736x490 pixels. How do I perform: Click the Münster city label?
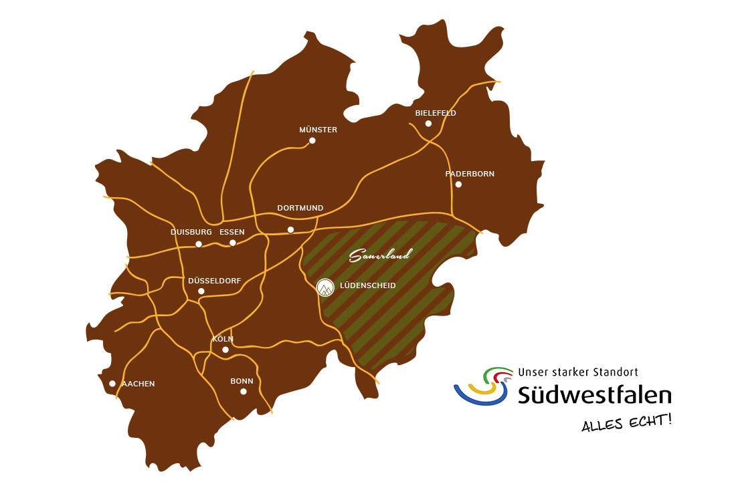318,130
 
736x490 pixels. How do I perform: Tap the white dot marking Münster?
312,140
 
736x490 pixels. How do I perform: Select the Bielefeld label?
435,113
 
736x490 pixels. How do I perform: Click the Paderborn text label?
470,174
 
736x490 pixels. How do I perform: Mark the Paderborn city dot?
458,184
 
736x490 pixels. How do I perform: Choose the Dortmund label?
300,208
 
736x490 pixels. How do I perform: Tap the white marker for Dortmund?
290,230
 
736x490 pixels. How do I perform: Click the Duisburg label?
191,232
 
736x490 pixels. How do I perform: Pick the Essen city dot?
233,243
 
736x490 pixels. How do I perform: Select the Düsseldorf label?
214,281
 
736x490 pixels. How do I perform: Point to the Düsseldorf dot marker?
201,291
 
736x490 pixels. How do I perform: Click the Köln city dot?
225,350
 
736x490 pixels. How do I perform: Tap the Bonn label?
242,381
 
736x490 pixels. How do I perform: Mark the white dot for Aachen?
112,383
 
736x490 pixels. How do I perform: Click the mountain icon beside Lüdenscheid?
325,287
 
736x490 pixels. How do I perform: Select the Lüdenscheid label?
367,285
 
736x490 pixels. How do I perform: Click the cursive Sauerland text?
380,255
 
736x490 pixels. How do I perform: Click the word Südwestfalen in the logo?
594,394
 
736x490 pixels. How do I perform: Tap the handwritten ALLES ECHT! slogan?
626,423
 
